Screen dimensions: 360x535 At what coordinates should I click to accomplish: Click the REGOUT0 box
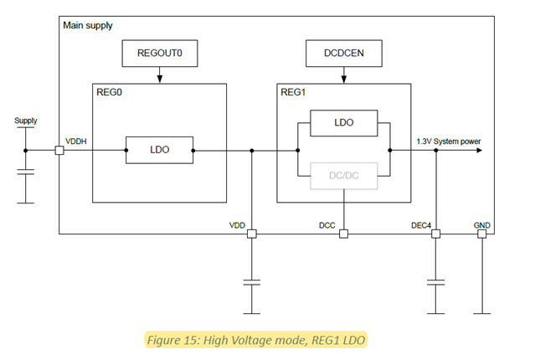(x=159, y=54)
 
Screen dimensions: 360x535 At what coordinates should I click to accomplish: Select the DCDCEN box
(x=343, y=54)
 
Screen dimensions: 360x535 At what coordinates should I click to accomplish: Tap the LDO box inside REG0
(x=159, y=150)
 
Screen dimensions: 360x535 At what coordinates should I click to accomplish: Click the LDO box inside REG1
(x=343, y=122)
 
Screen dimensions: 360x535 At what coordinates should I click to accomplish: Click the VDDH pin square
(x=59, y=151)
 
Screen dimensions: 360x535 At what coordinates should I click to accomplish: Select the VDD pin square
(x=251, y=234)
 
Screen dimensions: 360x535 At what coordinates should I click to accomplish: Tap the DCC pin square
(x=343, y=234)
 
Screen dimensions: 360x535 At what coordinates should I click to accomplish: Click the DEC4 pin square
(x=435, y=234)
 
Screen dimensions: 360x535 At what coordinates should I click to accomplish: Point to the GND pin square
(x=481, y=234)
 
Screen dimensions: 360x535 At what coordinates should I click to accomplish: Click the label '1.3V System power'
(x=449, y=141)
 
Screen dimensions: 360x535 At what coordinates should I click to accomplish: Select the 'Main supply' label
(x=88, y=26)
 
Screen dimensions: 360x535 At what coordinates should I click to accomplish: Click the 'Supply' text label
(x=26, y=121)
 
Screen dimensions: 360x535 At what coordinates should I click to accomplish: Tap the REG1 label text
(x=294, y=95)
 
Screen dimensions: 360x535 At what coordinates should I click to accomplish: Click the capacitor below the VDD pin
(x=251, y=284)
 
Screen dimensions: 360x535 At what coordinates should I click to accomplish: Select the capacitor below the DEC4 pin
(x=435, y=284)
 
